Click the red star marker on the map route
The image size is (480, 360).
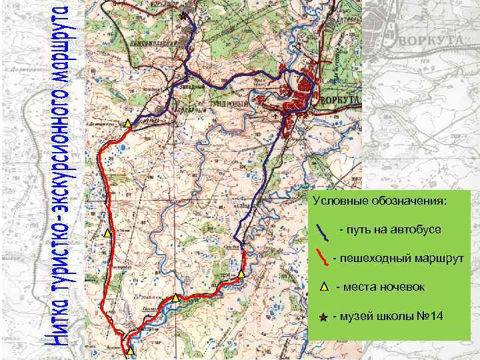[x=183, y=14]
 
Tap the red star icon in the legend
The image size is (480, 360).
[x=323, y=317]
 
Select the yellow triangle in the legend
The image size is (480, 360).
[x=322, y=287]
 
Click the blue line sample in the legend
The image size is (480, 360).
[x=323, y=231]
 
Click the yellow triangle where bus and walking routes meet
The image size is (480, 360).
[x=127, y=123]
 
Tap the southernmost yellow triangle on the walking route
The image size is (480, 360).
[x=130, y=349]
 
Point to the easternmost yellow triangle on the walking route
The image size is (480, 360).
[x=241, y=273]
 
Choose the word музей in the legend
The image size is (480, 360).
[x=357, y=315]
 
